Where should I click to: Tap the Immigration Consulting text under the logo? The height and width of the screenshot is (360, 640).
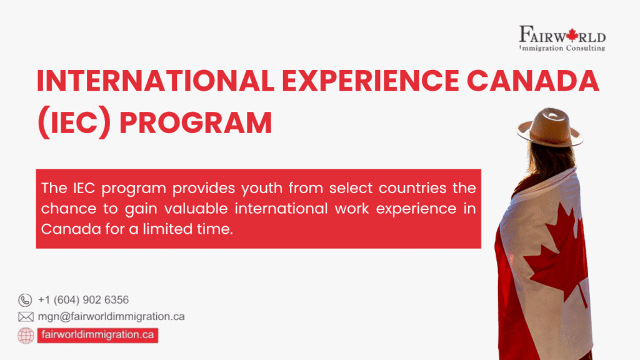click(x=562, y=47)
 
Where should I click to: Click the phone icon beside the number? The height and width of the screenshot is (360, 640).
click(x=25, y=300)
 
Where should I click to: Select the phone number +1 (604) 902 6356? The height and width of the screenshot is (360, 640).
click(x=83, y=300)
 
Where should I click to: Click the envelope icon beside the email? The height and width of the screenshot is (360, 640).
click(x=26, y=317)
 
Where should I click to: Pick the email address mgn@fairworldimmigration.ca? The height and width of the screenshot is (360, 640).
click(x=111, y=317)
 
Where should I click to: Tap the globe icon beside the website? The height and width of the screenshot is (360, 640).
click(x=26, y=335)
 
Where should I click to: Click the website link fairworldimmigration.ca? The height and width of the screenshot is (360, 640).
click(x=96, y=335)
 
